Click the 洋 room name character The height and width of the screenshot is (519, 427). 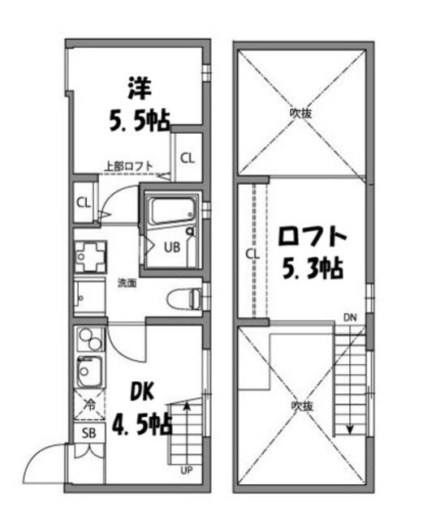(x=139, y=87)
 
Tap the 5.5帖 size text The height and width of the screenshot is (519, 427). (x=139, y=121)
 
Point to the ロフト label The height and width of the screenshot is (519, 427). (x=313, y=238)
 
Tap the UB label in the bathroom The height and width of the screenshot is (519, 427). (x=173, y=247)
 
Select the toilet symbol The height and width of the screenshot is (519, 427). (x=182, y=299)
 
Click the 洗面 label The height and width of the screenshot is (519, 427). (x=126, y=283)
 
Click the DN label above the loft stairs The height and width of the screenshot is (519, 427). (x=350, y=316)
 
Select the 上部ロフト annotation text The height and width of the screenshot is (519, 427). (x=128, y=167)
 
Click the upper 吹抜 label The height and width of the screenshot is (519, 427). (x=301, y=114)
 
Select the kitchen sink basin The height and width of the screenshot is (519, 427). (x=85, y=373)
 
